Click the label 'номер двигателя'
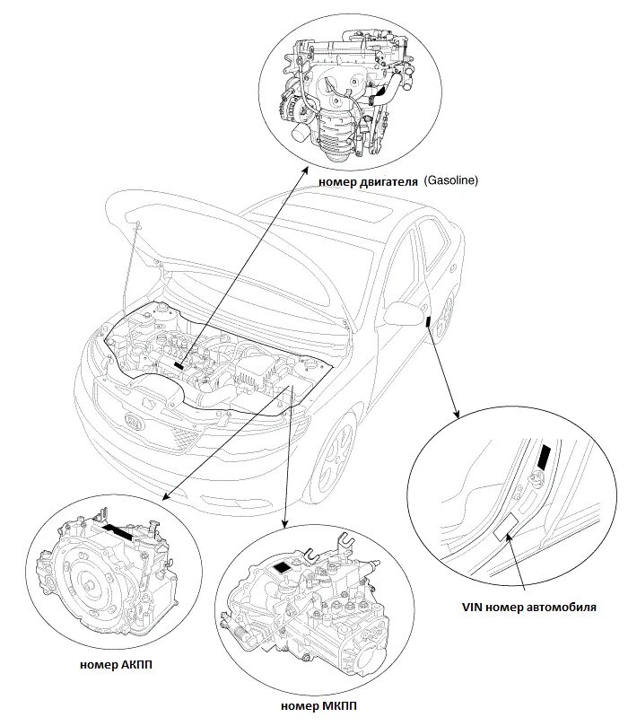click(x=368, y=181)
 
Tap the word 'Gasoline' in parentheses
click(x=451, y=180)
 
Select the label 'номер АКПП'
click(x=116, y=665)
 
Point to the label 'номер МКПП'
click(x=318, y=706)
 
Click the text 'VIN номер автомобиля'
click(x=529, y=607)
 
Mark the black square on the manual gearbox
click(x=282, y=568)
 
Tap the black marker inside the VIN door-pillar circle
click(x=545, y=457)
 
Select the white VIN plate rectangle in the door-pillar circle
click(x=506, y=528)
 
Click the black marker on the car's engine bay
click(x=179, y=366)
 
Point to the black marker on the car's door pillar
click(x=428, y=320)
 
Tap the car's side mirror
click(x=404, y=313)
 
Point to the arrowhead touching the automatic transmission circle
click(x=165, y=497)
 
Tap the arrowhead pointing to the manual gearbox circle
click(x=284, y=524)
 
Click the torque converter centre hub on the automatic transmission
click(x=88, y=587)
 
